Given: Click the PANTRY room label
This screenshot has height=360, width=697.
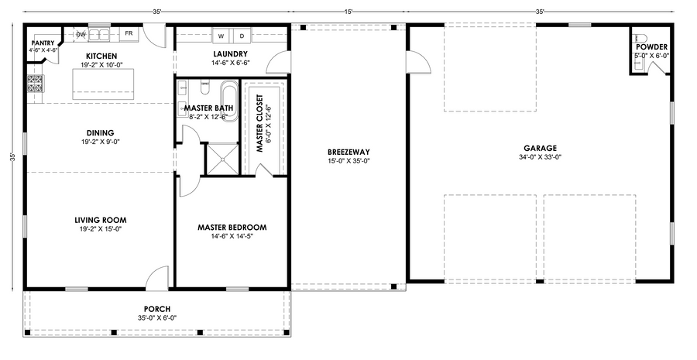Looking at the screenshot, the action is click(43, 43).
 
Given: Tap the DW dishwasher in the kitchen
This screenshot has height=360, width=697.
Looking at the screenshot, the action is click(81, 34).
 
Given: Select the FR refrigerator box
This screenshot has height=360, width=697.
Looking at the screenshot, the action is click(129, 34).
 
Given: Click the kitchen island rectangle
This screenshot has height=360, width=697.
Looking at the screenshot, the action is click(104, 84).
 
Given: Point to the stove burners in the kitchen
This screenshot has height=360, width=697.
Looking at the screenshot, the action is click(35, 84).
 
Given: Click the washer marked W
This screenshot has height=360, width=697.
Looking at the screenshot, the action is click(221, 36).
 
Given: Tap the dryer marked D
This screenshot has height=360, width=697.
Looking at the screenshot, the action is click(242, 36).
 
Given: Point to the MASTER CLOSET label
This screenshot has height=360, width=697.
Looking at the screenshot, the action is click(260, 124).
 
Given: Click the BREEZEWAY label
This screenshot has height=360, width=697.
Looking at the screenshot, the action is click(348, 152).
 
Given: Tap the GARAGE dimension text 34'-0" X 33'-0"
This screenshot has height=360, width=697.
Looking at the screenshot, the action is click(540, 157).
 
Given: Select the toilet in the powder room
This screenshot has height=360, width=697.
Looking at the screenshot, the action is click(640, 37).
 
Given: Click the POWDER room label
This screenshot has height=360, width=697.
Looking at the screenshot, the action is click(651, 47).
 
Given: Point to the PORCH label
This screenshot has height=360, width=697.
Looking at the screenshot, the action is click(157, 309).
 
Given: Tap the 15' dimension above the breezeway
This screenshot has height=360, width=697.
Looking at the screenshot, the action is click(348, 12).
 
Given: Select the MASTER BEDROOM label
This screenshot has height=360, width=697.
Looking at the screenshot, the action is click(232, 228).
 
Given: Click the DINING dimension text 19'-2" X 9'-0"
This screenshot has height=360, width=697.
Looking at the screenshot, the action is click(101, 142).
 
